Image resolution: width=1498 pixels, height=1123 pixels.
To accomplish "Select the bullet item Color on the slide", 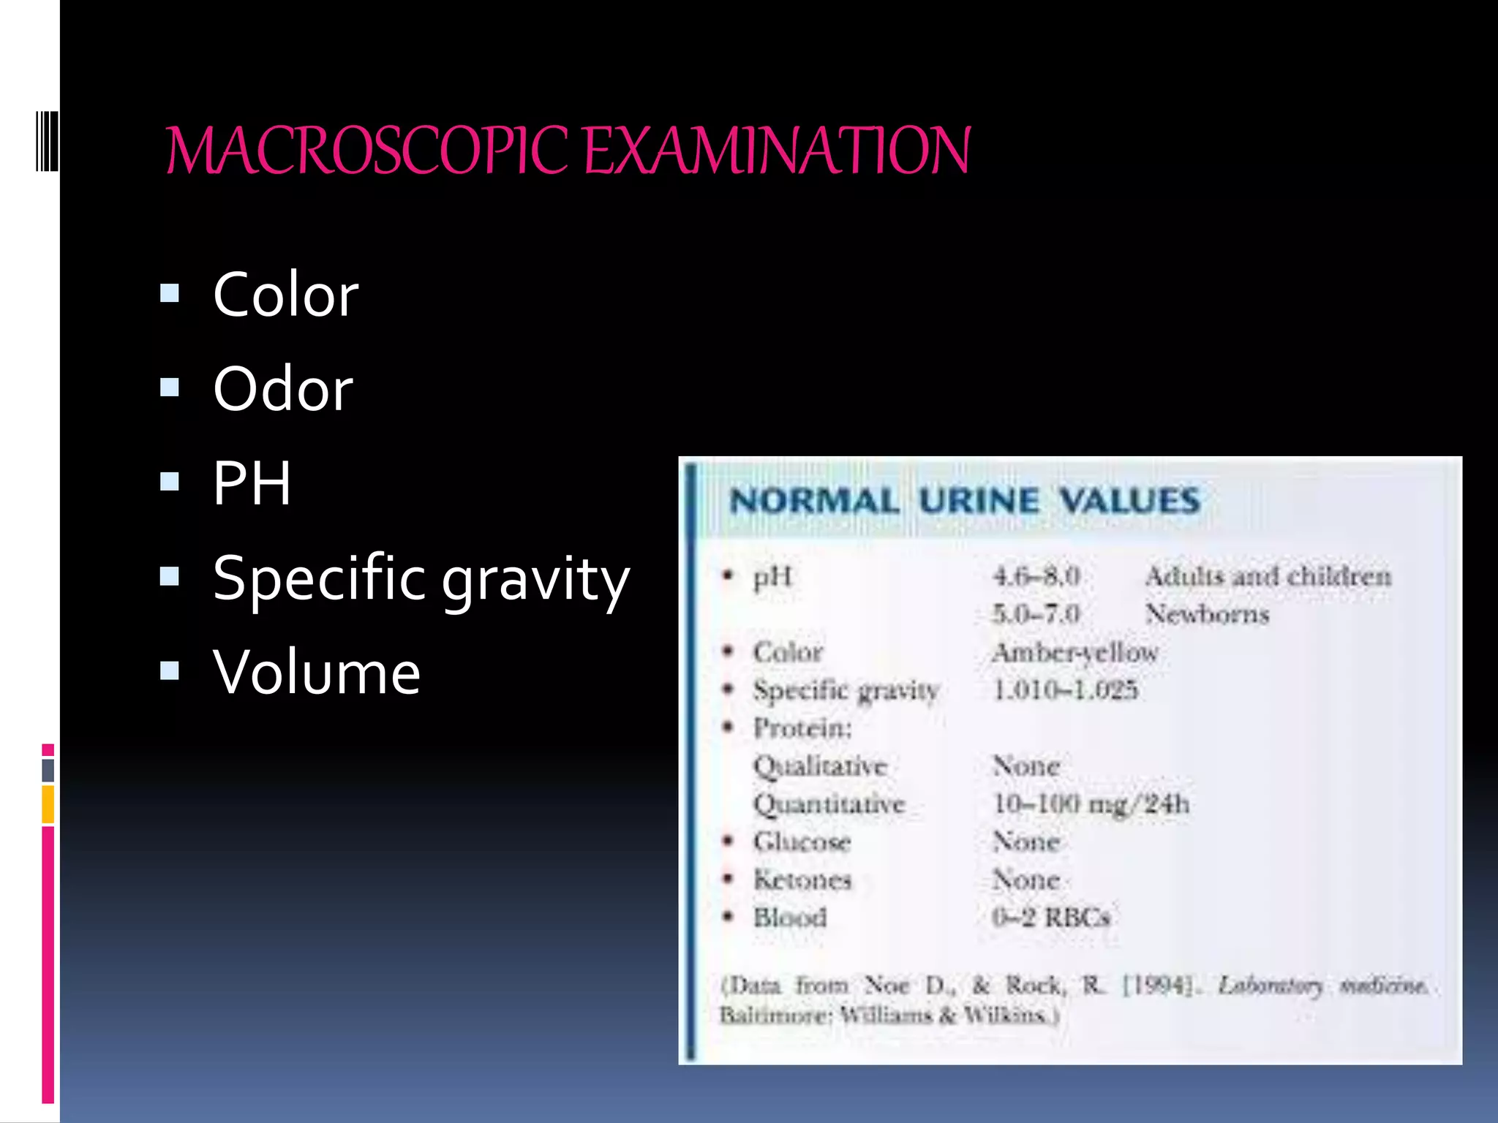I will coord(285,295).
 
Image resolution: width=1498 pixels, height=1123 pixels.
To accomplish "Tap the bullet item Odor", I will coord(283,389).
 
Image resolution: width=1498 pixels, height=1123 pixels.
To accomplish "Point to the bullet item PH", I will coord(252,483).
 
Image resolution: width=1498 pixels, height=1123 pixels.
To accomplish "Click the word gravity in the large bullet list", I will coord(535,579).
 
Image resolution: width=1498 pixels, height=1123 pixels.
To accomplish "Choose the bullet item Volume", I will coord(317,672).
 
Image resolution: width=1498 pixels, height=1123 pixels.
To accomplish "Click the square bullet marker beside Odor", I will coord(170,387).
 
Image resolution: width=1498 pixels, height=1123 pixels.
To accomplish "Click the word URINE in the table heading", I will coord(978,502).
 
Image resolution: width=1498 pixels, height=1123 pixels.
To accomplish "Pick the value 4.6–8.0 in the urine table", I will coord(1036,576).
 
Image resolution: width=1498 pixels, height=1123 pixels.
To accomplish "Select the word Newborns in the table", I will coord(1207,614).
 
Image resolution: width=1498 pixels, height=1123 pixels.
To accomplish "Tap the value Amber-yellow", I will coord(1074,652).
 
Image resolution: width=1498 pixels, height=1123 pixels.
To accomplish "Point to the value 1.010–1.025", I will coord(1065,689).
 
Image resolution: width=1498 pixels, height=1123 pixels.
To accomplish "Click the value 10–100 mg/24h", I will coord(1091,804).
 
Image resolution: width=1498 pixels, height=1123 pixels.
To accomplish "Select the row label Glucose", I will coord(802,842).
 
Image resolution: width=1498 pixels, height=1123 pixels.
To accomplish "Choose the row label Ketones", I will coord(802,880).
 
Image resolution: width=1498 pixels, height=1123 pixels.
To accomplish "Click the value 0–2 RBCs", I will coord(1051,917).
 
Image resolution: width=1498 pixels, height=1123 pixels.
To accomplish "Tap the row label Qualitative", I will coord(820,766).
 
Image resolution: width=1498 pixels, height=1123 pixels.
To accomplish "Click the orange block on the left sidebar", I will coord(48,804).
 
